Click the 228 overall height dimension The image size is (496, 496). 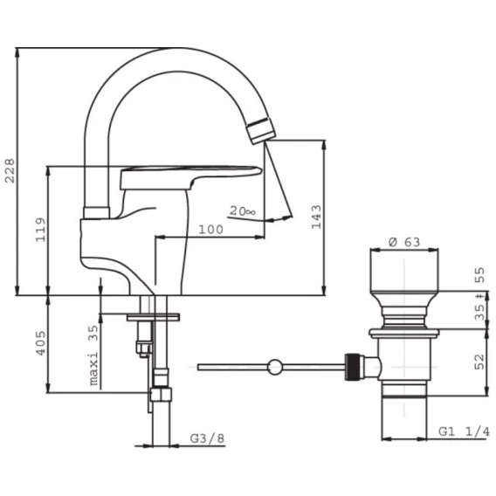point(10,170)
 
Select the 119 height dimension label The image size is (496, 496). point(40,230)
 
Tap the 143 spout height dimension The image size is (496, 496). point(316,217)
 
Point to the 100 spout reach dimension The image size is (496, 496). point(210,229)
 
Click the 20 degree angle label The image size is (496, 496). point(242,210)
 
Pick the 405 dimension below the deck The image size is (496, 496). point(40,343)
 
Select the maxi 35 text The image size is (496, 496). point(93,355)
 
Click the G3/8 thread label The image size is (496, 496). point(207,438)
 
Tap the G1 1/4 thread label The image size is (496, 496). point(464,431)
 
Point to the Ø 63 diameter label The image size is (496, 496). point(404,242)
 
